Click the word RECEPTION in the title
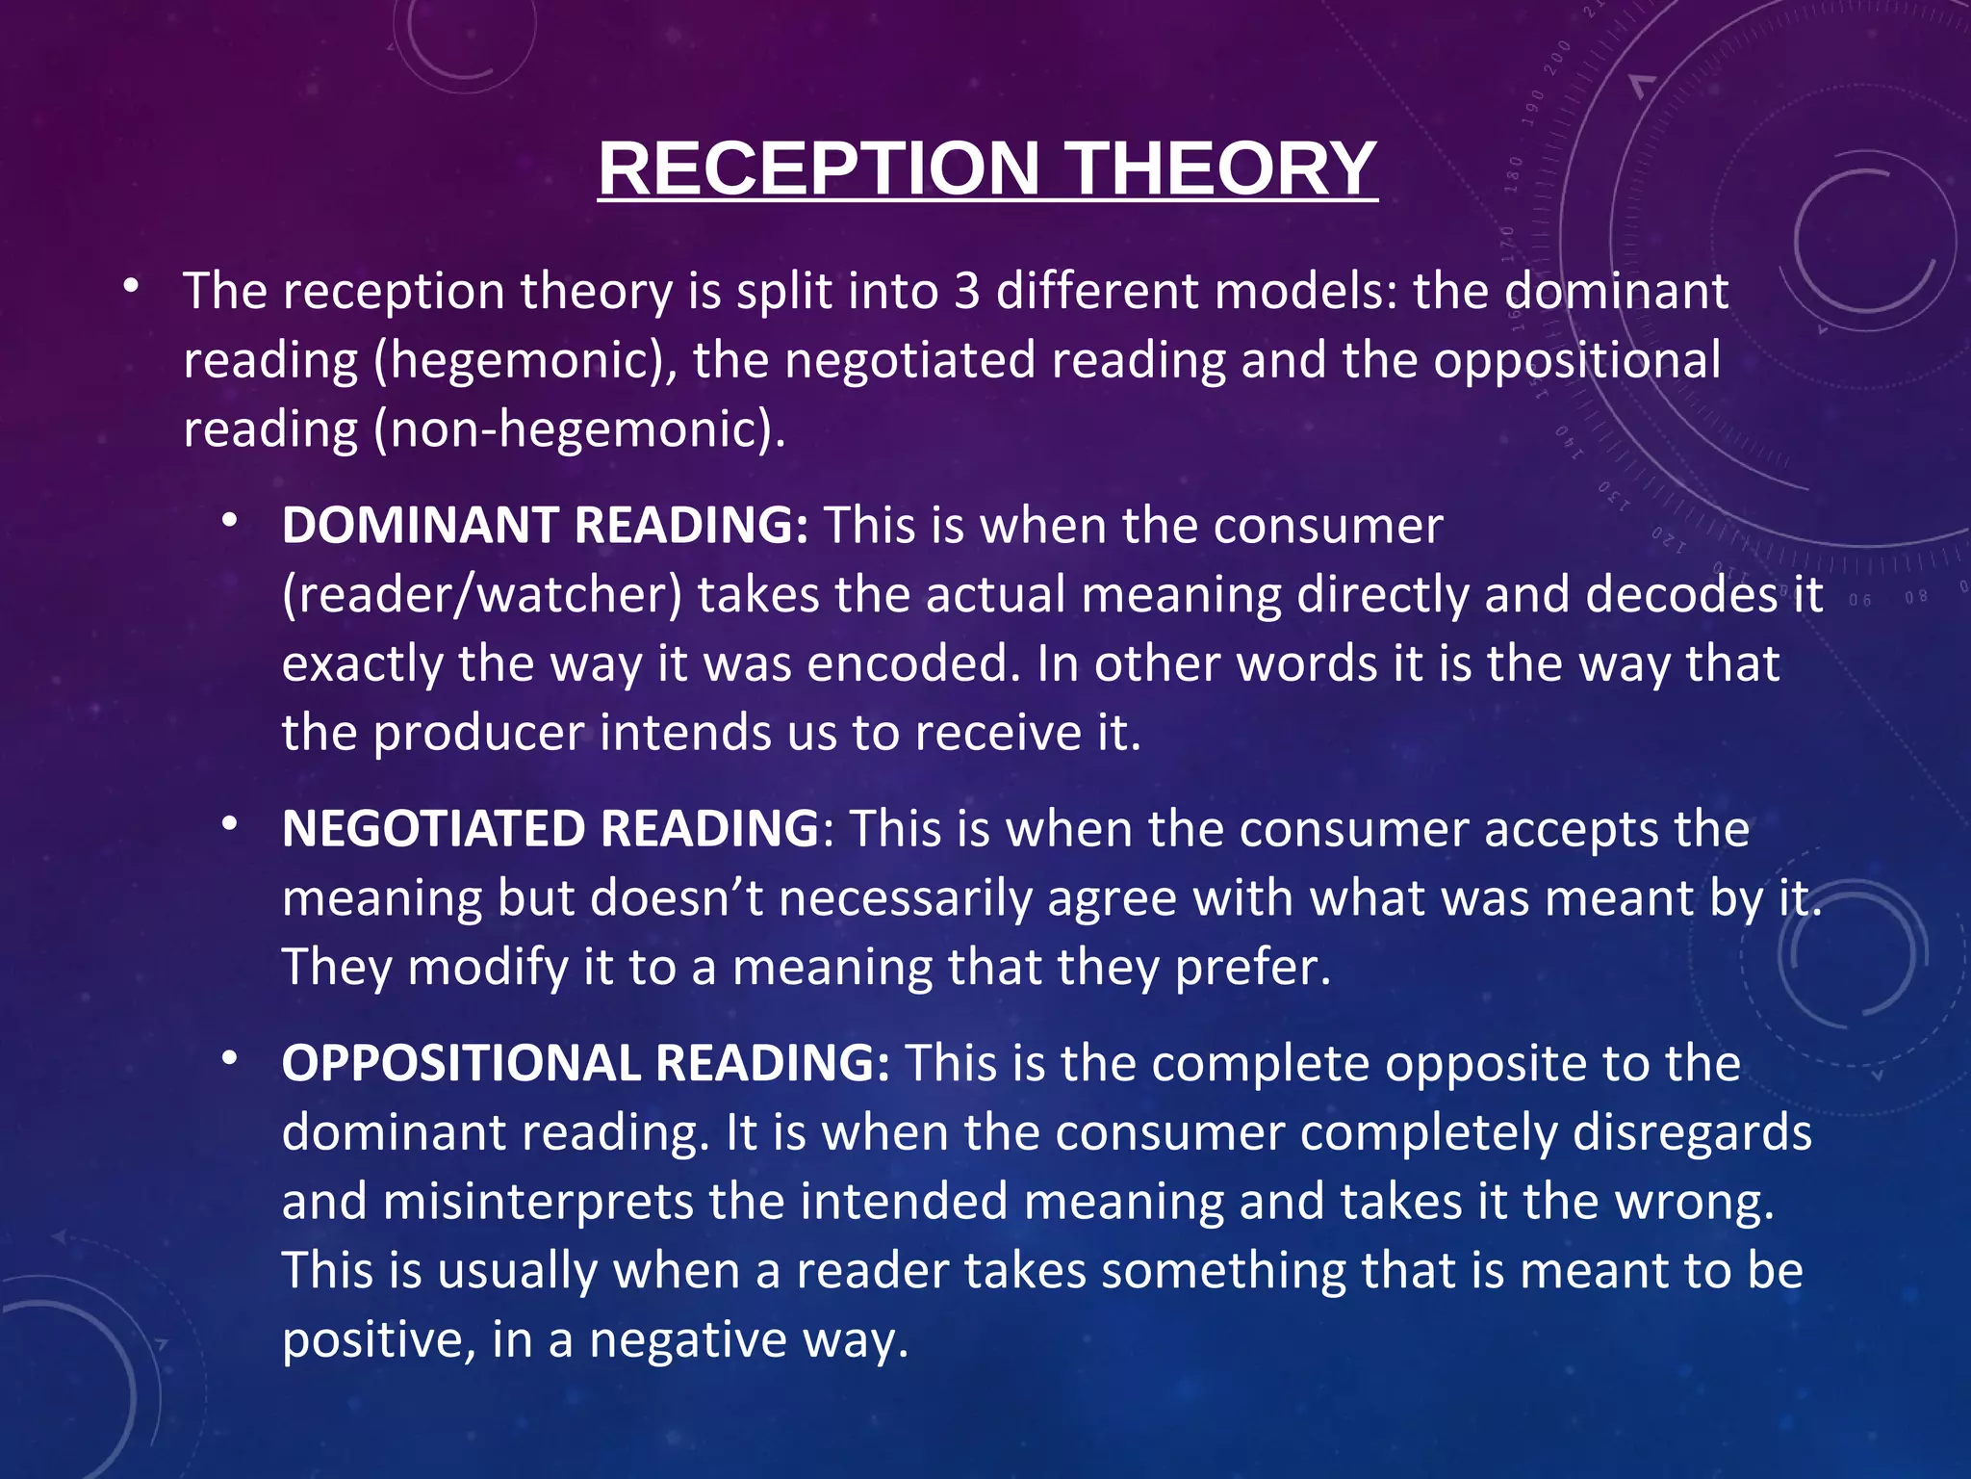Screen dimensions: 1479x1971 point(818,169)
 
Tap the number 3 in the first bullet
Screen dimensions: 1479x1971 point(966,291)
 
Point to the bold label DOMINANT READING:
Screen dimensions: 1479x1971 point(545,526)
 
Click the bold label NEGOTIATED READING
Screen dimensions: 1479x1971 point(550,829)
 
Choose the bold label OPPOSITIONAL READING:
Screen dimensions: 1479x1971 point(585,1063)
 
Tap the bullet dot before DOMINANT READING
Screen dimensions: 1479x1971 point(229,521)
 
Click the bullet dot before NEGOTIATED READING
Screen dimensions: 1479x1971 point(229,824)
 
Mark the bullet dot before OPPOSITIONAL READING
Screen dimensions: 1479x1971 point(229,1058)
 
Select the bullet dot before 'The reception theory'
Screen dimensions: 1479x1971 point(131,286)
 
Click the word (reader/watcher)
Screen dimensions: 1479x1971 point(481,595)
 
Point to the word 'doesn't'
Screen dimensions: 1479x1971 point(677,898)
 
